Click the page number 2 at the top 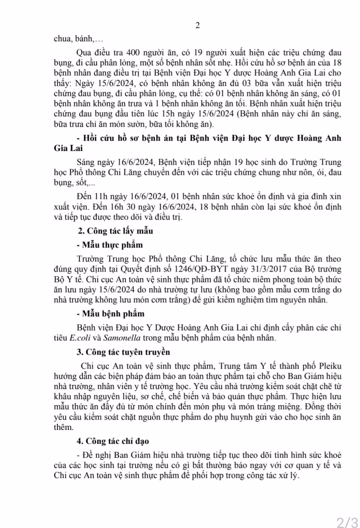tap(197, 26)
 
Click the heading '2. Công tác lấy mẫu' tap(116, 231)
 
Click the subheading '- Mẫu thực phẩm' tap(110, 245)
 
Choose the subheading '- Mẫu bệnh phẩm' tap(111, 314)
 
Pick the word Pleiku tap(330, 366)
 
